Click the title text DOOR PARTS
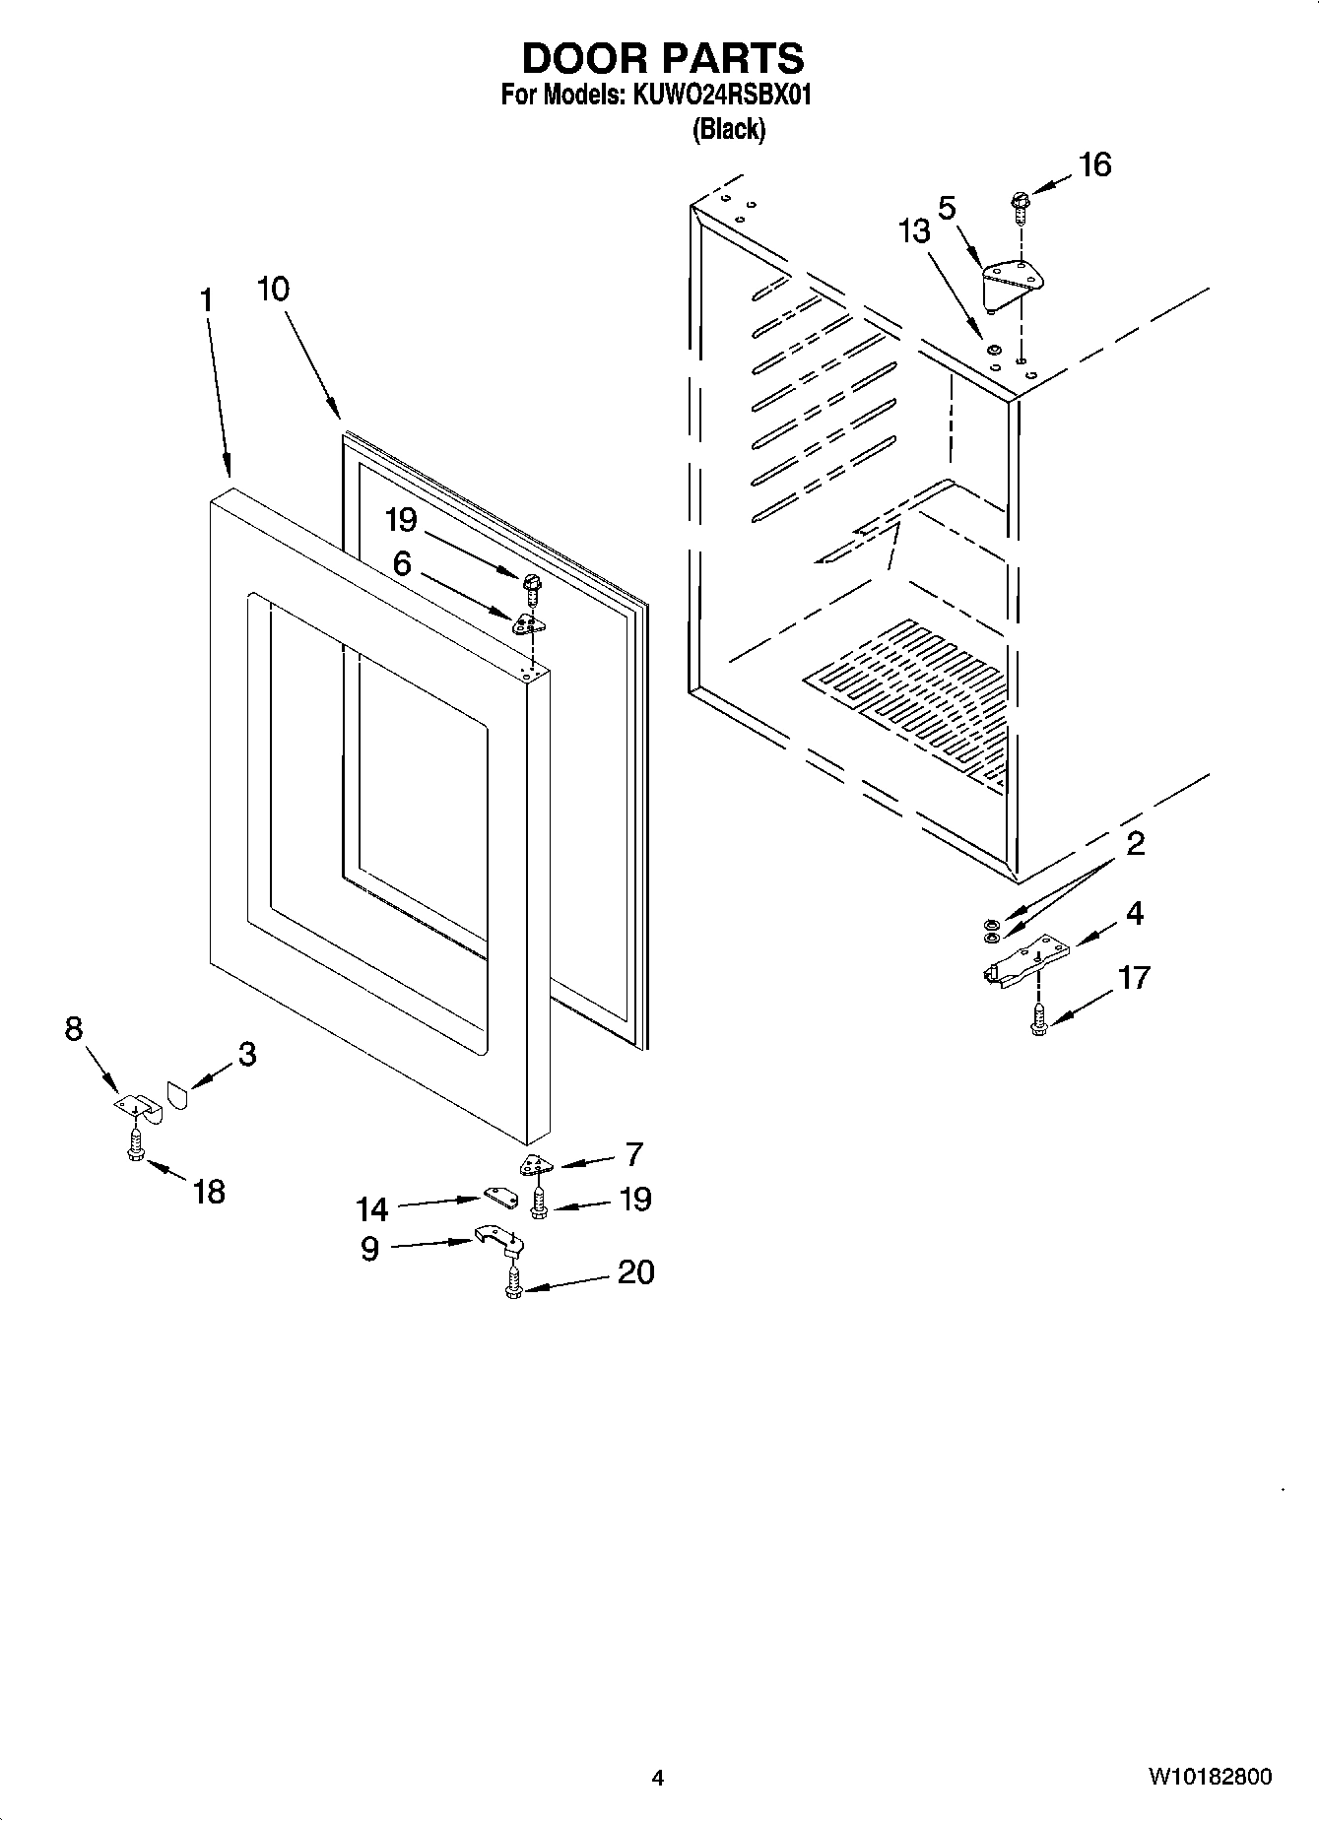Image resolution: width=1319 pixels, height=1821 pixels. tap(662, 59)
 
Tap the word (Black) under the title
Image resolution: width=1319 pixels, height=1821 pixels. tap(729, 129)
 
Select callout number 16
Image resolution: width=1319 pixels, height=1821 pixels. tap(1094, 164)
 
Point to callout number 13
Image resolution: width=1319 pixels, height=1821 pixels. tap(913, 231)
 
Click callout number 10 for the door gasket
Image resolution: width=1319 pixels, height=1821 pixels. tap(273, 290)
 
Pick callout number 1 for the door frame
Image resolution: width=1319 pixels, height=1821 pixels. tap(206, 299)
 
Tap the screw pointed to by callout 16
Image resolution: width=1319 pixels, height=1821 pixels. tap(1019, 207)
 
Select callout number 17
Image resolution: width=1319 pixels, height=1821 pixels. tap(1134, 978)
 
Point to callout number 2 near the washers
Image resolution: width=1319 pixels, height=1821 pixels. tap(1135, 844)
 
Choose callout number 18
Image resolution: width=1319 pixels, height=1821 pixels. tap(209, 1192)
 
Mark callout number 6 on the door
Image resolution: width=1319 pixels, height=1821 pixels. tap(401, 563)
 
